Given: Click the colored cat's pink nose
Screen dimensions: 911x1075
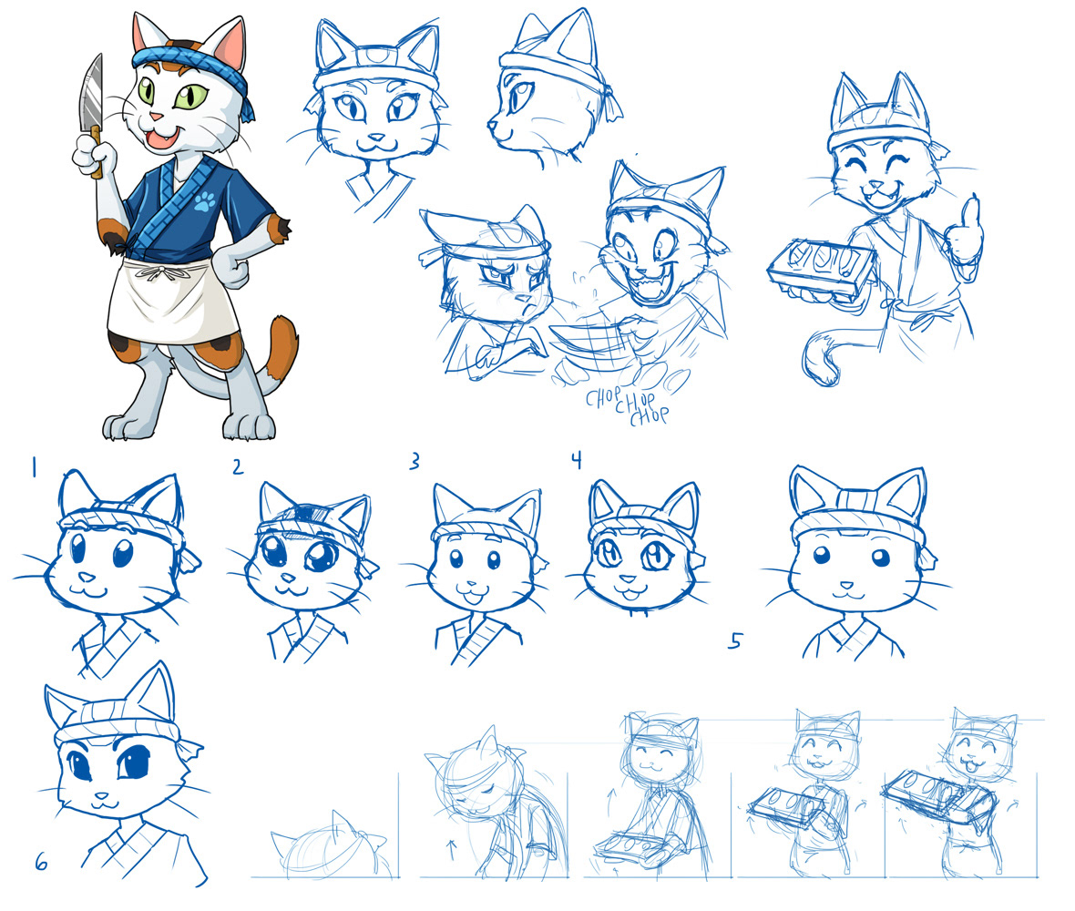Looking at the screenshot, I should pyautogui.click(x=157, y=118).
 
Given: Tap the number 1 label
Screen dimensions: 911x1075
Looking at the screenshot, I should pyautogui.click(x=34, y=468).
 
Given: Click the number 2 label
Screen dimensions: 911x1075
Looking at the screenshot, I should pyautogui.click(x=238, y=467).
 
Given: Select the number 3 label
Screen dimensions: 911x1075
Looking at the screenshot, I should pyautogui.click(x=415, y=462).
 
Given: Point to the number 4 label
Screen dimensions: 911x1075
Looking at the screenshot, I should pyautogui.click(x=576, y=460).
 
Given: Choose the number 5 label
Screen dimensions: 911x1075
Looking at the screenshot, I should pyautogui.click(x=734, y=642).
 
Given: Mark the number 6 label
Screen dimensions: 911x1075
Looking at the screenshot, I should pyautogui.click(x=40, y=861).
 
